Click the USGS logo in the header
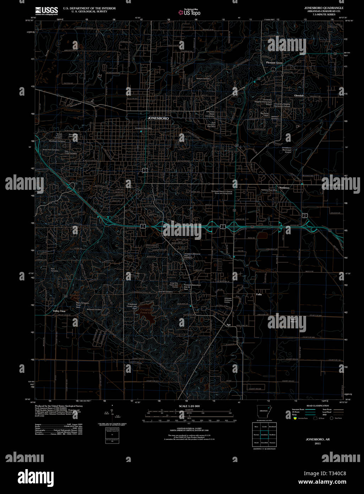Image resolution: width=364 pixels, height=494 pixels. tap(47, 11)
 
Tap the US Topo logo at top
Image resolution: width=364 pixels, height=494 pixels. tap(190, 12)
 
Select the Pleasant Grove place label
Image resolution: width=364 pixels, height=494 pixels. tap(274, 63)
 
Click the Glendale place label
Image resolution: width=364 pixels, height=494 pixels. tap(299, 96)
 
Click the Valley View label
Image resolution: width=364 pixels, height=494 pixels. tap(59, 311)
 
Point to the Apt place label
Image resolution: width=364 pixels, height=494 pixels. tap(229, 324)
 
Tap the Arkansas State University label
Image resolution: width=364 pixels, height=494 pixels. tap(210, 114)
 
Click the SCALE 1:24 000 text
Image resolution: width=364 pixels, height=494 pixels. tap(189, 406)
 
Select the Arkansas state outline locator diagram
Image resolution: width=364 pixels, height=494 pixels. tap(264, 412)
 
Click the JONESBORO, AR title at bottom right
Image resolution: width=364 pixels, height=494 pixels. tap(317, 439)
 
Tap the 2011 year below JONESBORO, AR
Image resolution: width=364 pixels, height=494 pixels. tap(317, 443)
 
